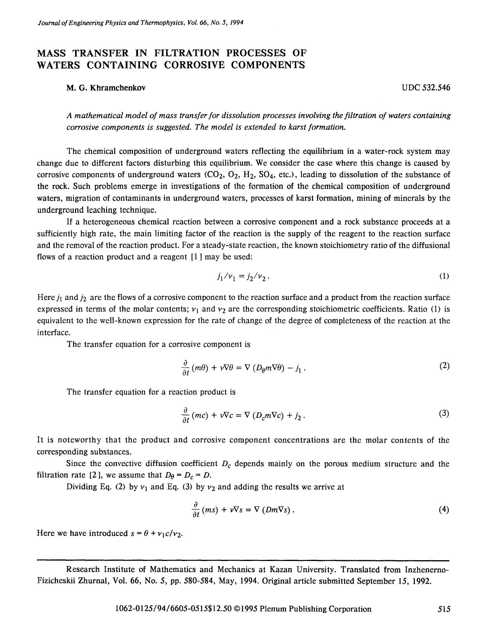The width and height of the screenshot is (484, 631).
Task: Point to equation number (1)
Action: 444,276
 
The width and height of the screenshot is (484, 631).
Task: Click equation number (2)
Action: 444,366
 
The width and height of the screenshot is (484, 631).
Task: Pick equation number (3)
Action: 444,413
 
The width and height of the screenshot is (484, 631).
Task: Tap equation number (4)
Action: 444,510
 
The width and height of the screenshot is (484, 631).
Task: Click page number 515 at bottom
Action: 444,609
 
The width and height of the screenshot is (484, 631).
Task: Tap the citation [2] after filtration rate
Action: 91,475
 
